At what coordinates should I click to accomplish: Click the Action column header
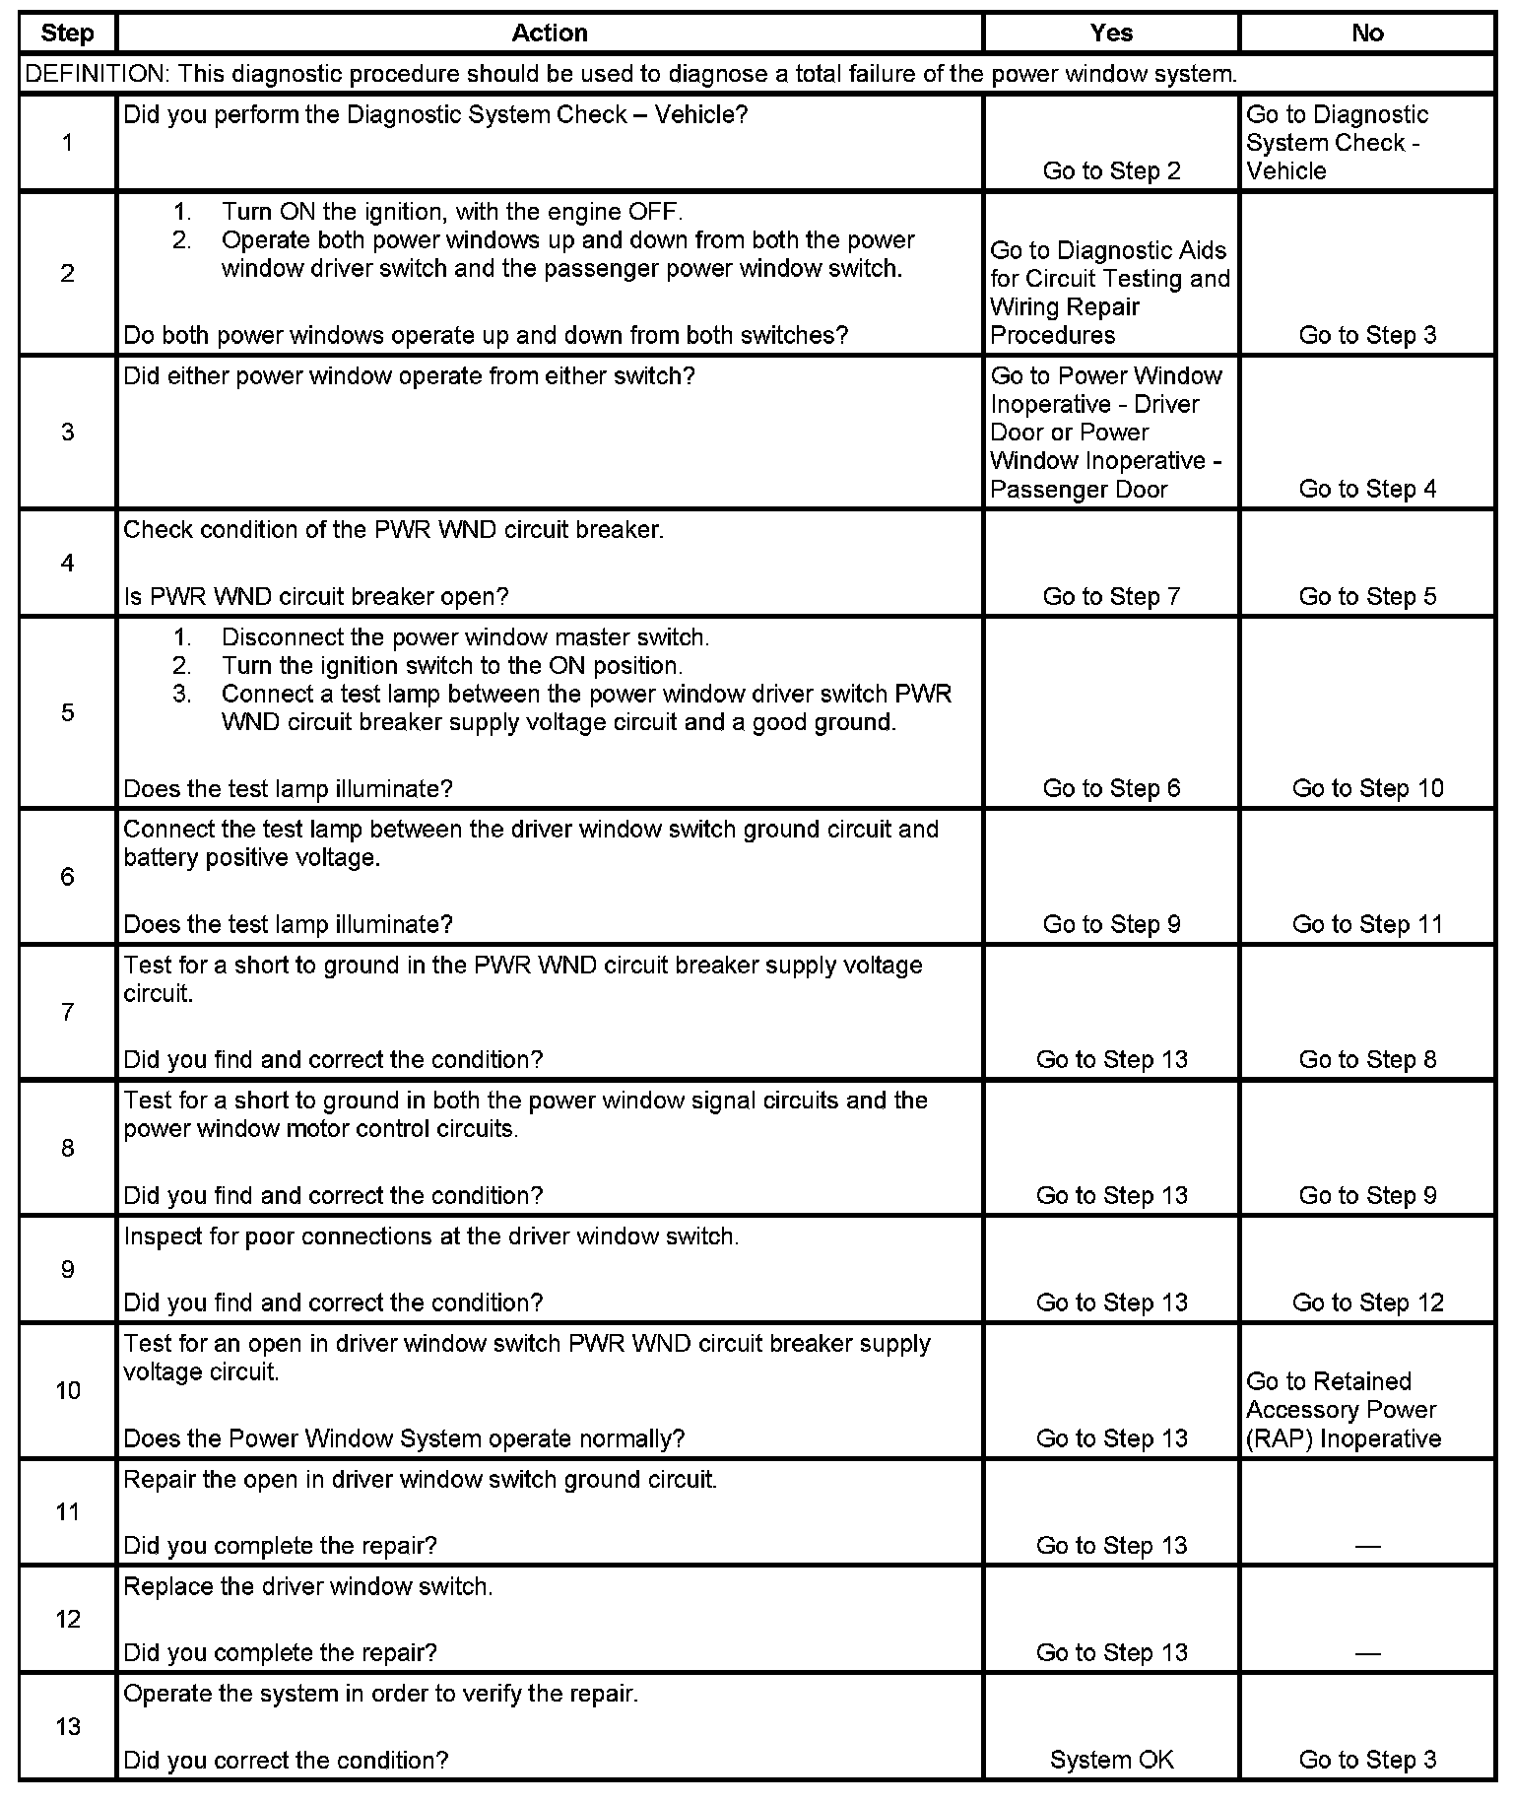[x=550, y=33]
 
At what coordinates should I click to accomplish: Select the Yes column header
[x=1111, y=33]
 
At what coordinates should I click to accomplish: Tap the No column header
[x=1367, y=33]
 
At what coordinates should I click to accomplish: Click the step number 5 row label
[x=67, y=712]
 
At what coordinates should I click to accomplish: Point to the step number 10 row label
[x=67, y=1390]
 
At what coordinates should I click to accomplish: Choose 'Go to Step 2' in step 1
[x=1111, y=170]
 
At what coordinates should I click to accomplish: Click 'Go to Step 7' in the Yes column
[x=1111, y=596]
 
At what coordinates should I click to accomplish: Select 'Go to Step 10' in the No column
[x=1367, y=788]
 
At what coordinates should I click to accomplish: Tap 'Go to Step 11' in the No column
[x=1367, y=924]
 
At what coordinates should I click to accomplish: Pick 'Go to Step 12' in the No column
[x=1367, y=1302]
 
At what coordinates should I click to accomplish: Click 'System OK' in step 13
[x=1111, y=1760]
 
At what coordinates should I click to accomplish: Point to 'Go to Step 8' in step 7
[x=1367, y=1059]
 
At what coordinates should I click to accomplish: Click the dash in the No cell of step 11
[x=1367, y=1546]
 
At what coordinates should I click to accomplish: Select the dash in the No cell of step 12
[x=1367, y=1653]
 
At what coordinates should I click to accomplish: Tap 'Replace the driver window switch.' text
[x=308, y=1586]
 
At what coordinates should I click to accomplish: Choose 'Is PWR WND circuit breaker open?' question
[x=316, y=596]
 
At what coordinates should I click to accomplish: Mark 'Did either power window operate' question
[x=409, y=375]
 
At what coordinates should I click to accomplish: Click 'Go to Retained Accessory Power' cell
[x=1343, y=1410]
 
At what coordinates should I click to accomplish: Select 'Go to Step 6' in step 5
[x=1111, y=788]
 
